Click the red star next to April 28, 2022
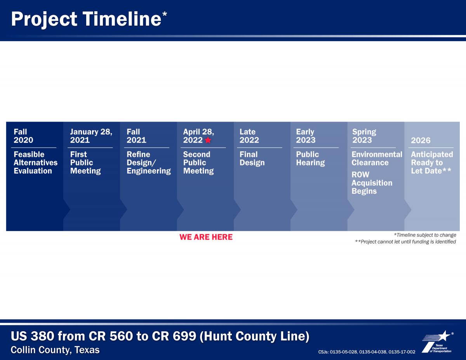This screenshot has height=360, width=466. (x=208, y=140)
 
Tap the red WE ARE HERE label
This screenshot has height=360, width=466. (x=206, y=237)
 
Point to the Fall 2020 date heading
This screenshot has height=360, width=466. (x=23, y=136)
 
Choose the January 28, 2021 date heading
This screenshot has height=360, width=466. (x=91, y=136)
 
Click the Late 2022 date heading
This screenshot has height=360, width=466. (x=249, y=136)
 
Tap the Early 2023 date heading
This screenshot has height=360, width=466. (x=306, y=136)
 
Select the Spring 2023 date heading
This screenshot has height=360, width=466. (x=364, y=136)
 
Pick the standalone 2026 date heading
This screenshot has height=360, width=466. (x=421, y=141)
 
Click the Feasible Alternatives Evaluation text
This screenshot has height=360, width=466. (x=36, y=163)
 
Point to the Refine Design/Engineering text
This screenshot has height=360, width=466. (x=149, y=163)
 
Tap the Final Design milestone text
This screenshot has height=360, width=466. (x=252, y=158)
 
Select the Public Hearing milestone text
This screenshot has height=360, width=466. (x=310, y=158)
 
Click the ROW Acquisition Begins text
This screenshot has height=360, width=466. (x=372, y=183)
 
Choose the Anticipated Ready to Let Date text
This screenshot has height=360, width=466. (x=432, y=163)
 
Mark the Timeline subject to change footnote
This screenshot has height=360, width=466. (x=425, y=235)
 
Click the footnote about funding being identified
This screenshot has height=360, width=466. (x=405, y=242)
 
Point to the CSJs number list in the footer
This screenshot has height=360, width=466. (x=367, y=352)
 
